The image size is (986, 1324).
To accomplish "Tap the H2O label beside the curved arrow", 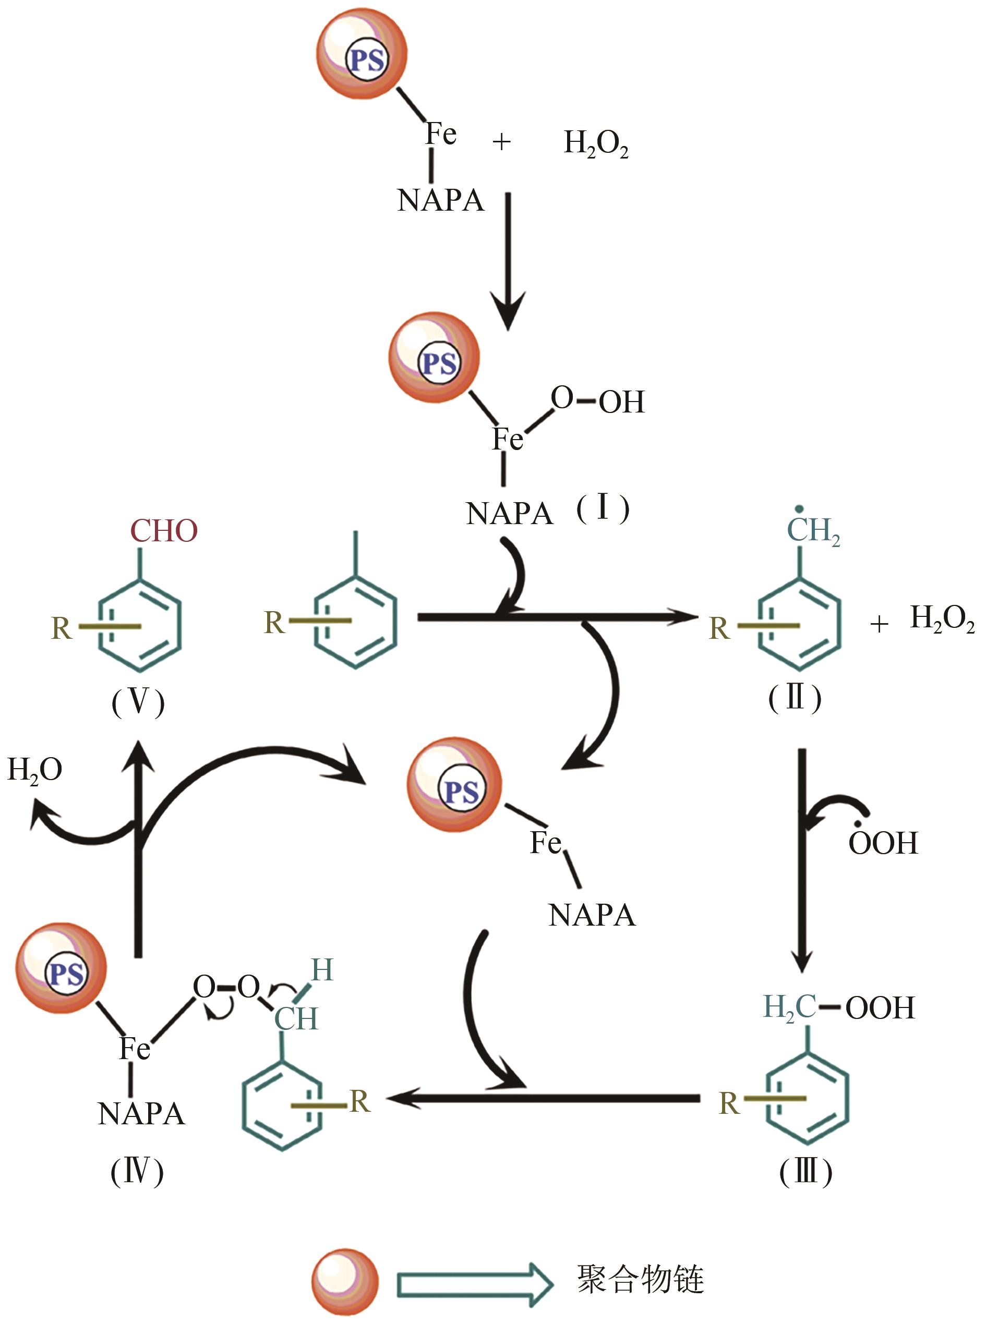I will pyautogui.click(x=34, y=770).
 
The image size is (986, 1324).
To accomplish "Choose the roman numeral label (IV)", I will pyautogui.click(x=137, y=1171).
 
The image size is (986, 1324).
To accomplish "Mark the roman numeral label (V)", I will pyautogui.click(x=138, y=702).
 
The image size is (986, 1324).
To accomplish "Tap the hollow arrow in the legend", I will pyautogui.click(x=475, y=1280).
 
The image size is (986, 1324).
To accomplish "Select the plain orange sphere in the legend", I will pyautogui.click(x=345, y=1280).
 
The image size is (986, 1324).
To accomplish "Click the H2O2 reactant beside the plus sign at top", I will pyautogui.click(x=596, y=144).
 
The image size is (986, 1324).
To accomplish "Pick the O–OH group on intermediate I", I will pyautogui.click(x=597, y=400).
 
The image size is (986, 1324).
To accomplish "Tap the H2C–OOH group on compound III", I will pyautogui.click(x=838, y=1007).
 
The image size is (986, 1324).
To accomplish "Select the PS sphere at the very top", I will pyautogui.click(x=362, y=54).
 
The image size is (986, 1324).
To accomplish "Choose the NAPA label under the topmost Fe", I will pyautogui.click(x=440, y=200).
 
